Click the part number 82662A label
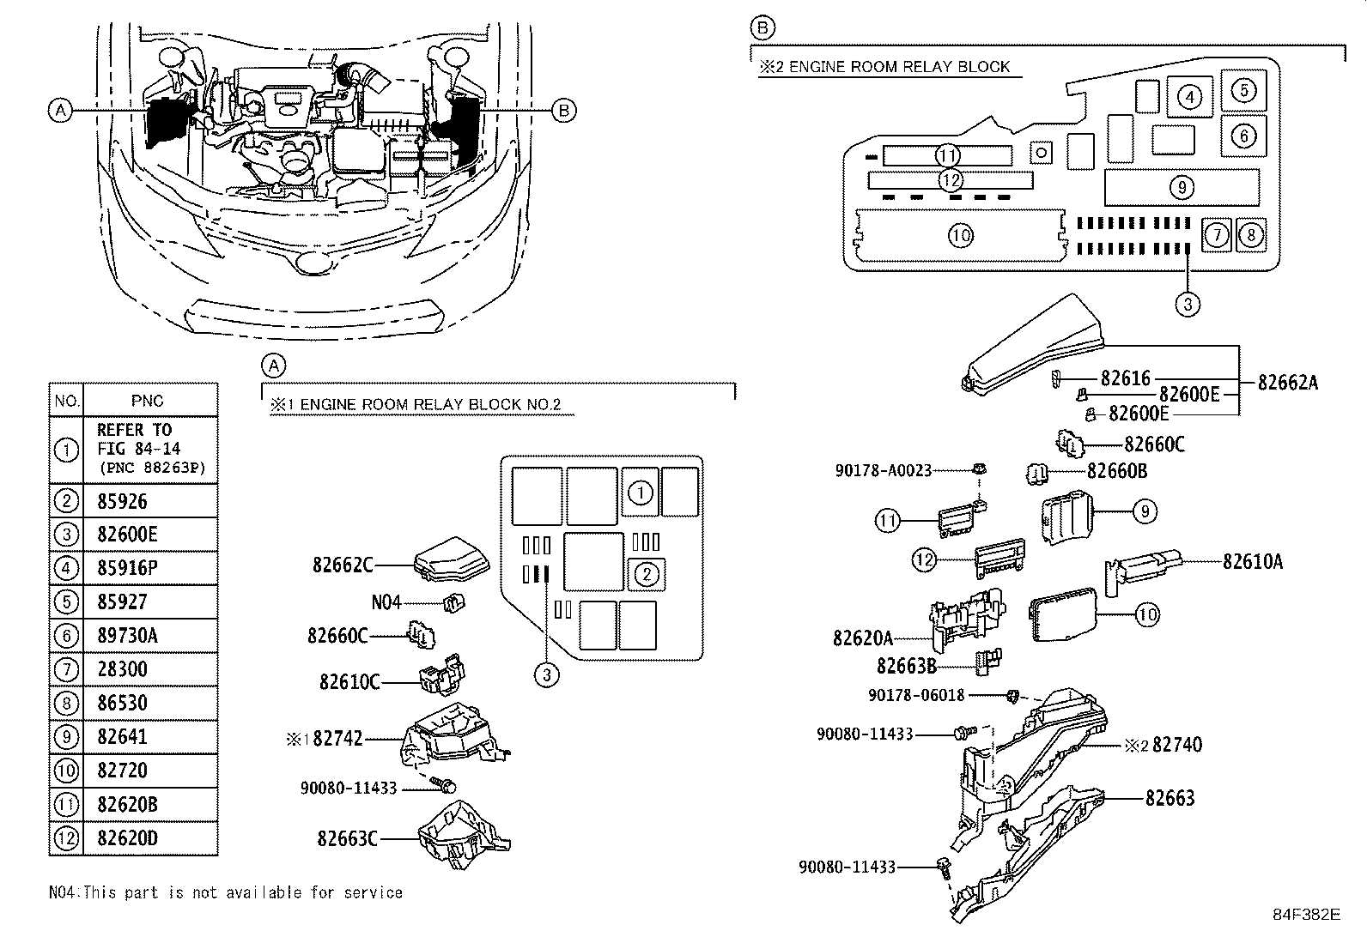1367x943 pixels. click(1287, 383)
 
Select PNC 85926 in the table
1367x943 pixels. click(122, 501)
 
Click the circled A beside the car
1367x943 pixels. click(59, 110)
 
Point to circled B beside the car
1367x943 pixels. click(563, 110)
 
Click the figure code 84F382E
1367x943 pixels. click(1305, 915)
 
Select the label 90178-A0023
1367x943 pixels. click(883, 470)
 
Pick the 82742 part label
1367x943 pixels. click(337, 738)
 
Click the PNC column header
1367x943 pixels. click(147, 401)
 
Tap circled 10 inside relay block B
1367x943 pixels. click(961, 234)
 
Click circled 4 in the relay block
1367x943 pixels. click(1189, 97)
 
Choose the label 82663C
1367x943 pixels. click(347, 838)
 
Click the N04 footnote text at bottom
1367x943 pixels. click(225, 892)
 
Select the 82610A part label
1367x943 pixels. click(1253, 561)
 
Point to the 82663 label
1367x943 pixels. click(1170, 798)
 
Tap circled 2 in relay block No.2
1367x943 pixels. click(647, 574)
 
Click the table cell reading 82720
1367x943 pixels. click(122, 771)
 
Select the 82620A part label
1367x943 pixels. click(862, 638)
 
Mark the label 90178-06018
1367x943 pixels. click(916, 694)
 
